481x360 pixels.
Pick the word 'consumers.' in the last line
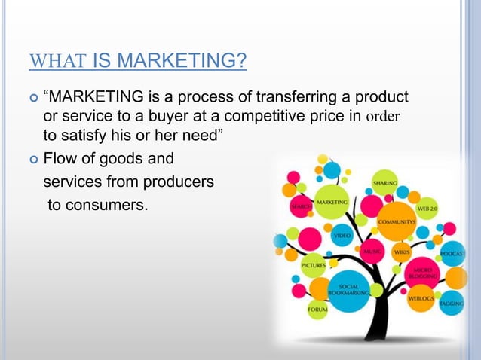(x=98, y=204)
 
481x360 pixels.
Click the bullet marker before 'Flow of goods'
(x=32, y=159)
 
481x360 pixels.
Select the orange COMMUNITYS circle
(x=397, y=221)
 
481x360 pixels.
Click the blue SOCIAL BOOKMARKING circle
(x=348, y=291)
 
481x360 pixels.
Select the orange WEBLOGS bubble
(x=421, y=298)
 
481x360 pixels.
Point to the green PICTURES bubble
(x=314, y=265)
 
